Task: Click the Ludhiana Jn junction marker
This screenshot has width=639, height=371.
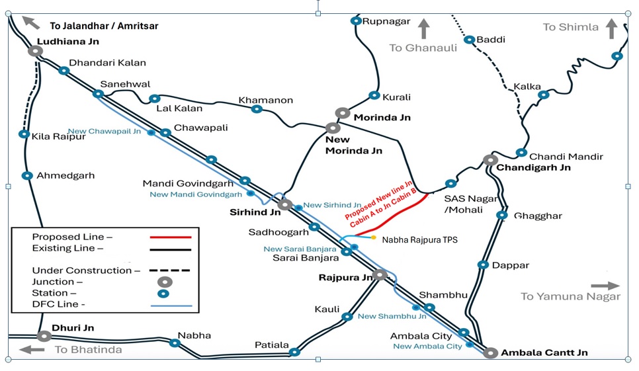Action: tap(35, 51)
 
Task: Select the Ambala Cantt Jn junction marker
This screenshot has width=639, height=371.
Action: tap(490, 352)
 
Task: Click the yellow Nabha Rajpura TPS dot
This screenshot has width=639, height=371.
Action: tap(374, 237)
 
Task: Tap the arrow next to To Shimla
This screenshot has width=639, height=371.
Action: tap(611, 28)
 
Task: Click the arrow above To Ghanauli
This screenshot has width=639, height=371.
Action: tap(423, 28)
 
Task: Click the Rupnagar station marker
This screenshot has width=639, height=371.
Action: tap(356, 21)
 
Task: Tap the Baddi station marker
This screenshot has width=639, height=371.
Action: tap(469, 40)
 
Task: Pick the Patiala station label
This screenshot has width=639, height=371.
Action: tap(272, 345)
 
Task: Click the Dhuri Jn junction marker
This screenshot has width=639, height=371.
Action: tap(44, 336)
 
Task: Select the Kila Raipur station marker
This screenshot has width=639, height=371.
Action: tap(24, 134)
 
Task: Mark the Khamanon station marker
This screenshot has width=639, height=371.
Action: tap(257, 109)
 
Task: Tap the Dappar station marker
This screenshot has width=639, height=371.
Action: tap(483, 265)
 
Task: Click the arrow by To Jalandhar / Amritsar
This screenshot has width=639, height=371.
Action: tap(30, 21)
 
